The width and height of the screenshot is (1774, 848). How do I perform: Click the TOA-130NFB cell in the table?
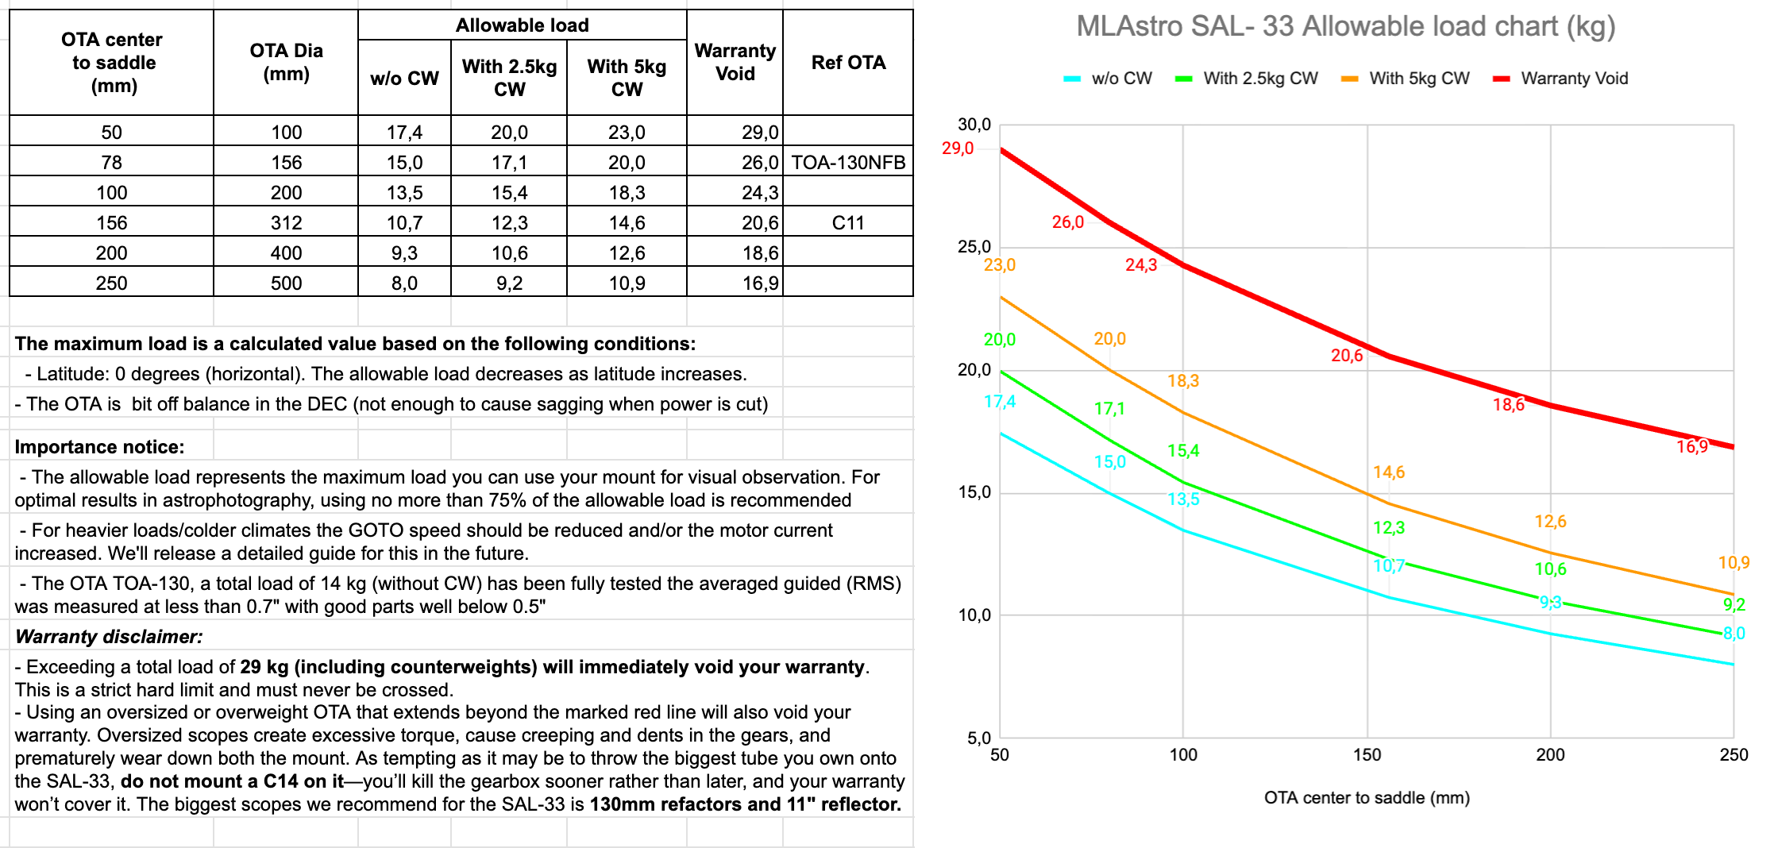[848, 163]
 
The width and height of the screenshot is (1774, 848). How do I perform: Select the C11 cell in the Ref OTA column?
[848, 223]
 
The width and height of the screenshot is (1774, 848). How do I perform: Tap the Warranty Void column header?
[735, 62]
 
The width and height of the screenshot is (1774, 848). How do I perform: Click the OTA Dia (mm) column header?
[286, 62]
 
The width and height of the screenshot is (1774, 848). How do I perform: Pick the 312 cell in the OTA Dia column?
[286, 223]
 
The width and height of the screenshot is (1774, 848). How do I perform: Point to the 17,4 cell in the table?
[404, 133]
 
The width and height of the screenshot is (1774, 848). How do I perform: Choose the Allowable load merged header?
[522, 25]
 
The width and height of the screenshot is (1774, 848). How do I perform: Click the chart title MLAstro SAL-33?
[1345, 26]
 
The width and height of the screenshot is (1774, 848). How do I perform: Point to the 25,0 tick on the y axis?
[974, 247]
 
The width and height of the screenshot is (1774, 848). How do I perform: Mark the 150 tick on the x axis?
[1367, 755]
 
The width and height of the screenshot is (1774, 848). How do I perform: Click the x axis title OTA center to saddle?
[1367, 798]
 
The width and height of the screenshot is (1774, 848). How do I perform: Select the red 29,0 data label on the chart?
[958, 148]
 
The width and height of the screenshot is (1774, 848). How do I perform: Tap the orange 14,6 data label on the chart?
[1389, 472]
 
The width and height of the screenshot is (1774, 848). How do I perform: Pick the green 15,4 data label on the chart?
[1183, 451]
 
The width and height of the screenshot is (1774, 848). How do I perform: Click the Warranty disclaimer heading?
[109, 637]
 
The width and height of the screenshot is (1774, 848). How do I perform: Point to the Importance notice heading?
[99, 447]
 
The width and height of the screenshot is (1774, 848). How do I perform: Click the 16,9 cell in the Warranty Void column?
[760, 283]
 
